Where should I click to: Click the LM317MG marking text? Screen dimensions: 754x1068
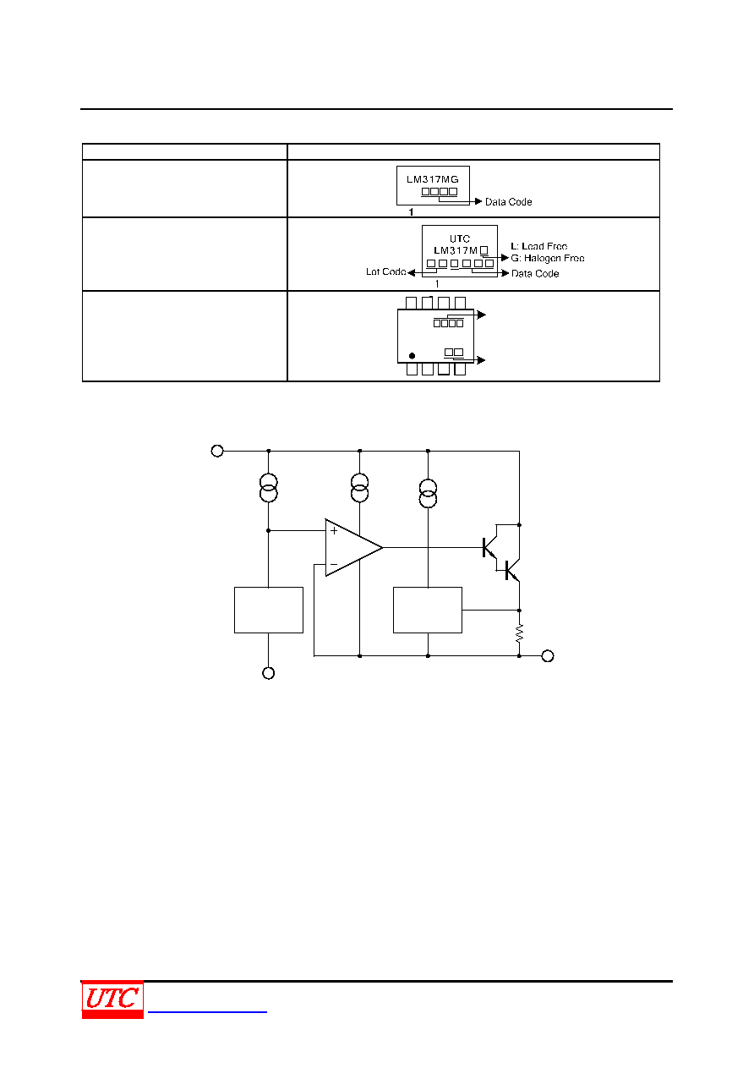[x=432, y=179]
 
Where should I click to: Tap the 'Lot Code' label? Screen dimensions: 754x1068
[x=385, y=271]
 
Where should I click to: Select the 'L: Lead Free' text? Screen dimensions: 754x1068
[x=538, y=246]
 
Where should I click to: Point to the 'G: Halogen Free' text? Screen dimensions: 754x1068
[x=547, y=258]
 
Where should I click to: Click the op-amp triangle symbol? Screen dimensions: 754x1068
[x=353, y=547]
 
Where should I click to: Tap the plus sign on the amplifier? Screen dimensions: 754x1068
[x=334, y=531]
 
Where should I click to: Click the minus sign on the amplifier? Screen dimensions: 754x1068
[x=334, y=565]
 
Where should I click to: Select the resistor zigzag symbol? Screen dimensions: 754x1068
[x=519, y=633]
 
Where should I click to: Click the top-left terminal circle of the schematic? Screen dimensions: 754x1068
[x=217, y=451]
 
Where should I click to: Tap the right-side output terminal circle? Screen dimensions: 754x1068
[x=548, y=656]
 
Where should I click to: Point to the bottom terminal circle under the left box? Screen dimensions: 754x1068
[x=268, y=673]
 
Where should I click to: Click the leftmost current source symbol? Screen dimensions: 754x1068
[x=268, y=487]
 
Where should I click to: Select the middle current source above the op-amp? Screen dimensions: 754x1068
[x=359, y=487]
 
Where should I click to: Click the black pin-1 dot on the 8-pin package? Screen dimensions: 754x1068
[x=412, y=356]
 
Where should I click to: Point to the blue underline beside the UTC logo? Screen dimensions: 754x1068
[x=207, y=1011]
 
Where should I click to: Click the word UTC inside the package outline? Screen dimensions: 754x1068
[x=460, y=238]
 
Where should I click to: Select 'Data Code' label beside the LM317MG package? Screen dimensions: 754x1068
[x=508, y=202]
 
